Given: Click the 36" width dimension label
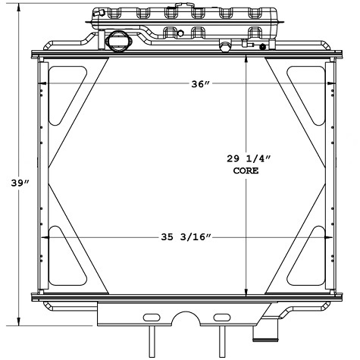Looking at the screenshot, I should click(x=200, y=85).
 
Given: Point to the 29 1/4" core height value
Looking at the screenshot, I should click(x=248, y=158).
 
